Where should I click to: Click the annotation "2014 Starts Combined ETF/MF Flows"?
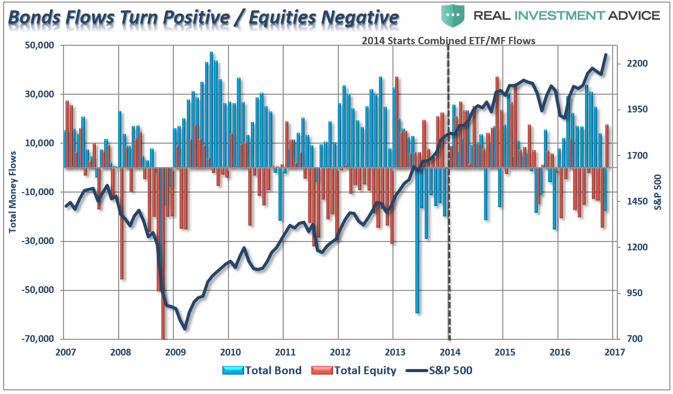(448, 41)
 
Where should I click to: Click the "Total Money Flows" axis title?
(12, 192)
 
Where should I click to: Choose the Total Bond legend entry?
(262, 371)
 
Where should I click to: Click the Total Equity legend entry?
(353, 371)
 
